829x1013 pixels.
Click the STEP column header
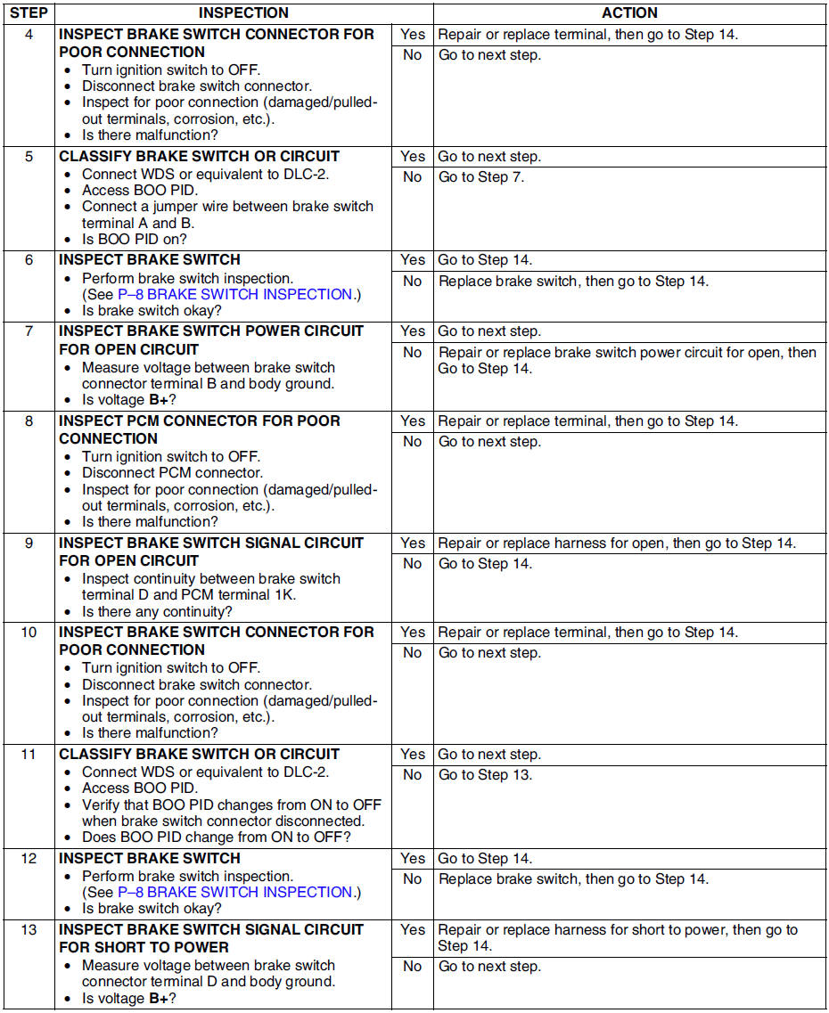[x=29, y=13]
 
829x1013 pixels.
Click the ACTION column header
[x=629, y=13]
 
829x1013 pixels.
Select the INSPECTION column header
[x=243, y=13]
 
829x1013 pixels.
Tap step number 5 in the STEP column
[x=29, y=156]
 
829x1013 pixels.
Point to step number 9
[x=29, y=543]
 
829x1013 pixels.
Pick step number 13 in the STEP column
[x=29, y=929]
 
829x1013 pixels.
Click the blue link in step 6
[x=234, y=294]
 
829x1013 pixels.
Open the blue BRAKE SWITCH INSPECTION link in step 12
[x=234, y=892]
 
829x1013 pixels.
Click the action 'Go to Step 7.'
[x=480, y=176]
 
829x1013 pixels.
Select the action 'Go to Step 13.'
[x=485, y=774]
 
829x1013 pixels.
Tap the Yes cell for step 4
[x=413, y=35]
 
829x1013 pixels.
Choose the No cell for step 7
[x=413, y=352]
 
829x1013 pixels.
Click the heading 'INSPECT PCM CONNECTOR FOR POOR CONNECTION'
[x=200, y=429]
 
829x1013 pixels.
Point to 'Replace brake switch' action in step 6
[x=573, y=281]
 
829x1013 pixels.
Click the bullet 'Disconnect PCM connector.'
[x=172, y=472]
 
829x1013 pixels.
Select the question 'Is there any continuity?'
[x=157, y=611]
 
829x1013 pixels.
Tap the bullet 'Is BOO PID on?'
[x=135, y=239]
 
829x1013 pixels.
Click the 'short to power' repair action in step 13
[x=618, y=937]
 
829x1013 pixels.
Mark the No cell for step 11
[x=413, y=774]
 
